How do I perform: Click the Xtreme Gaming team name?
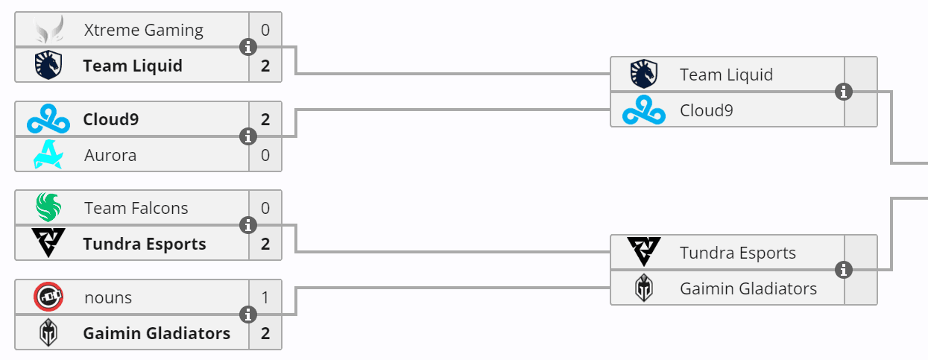[144, 31]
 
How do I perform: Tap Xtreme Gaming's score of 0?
[265, 31]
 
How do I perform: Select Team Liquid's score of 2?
[265, 66]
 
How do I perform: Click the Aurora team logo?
[48, 155]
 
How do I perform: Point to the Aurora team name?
[110, 156]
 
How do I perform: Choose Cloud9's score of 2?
[265, 119]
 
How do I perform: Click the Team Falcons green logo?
[48, 208]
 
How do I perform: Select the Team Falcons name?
[136, 209]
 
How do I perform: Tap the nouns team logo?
[48, 297]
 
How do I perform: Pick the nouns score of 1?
[265, 297]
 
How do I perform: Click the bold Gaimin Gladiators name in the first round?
[157, 333]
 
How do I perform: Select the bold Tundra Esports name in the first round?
[145, 244]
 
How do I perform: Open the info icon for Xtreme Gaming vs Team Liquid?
[248, 48]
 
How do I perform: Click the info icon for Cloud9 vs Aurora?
[248, 137]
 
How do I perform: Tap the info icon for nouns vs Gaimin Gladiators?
[248, 315]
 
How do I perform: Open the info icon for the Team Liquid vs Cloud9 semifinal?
[844, 92]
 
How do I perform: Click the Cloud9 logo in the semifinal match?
[644, 110]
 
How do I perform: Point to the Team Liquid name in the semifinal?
[726, 75]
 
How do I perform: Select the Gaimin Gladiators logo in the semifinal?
[644, 288]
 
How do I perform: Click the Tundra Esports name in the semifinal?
[738, 253]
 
